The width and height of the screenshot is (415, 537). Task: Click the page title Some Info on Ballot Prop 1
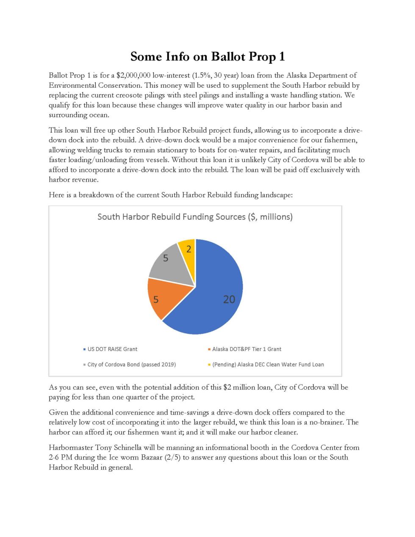click(x=207, y=56)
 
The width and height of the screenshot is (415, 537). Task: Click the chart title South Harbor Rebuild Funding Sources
click(x=195, y=217)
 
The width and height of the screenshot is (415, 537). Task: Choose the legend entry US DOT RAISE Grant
click(x=112, y=349)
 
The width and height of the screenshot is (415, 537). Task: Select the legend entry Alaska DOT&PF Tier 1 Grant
click(x=246, y=349)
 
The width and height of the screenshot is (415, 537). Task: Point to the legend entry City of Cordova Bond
click(x=131, y=364)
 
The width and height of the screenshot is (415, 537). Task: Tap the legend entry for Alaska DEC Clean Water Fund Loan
click(x=268, y=364)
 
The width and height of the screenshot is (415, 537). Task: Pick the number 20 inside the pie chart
click(x=229, y=299)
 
